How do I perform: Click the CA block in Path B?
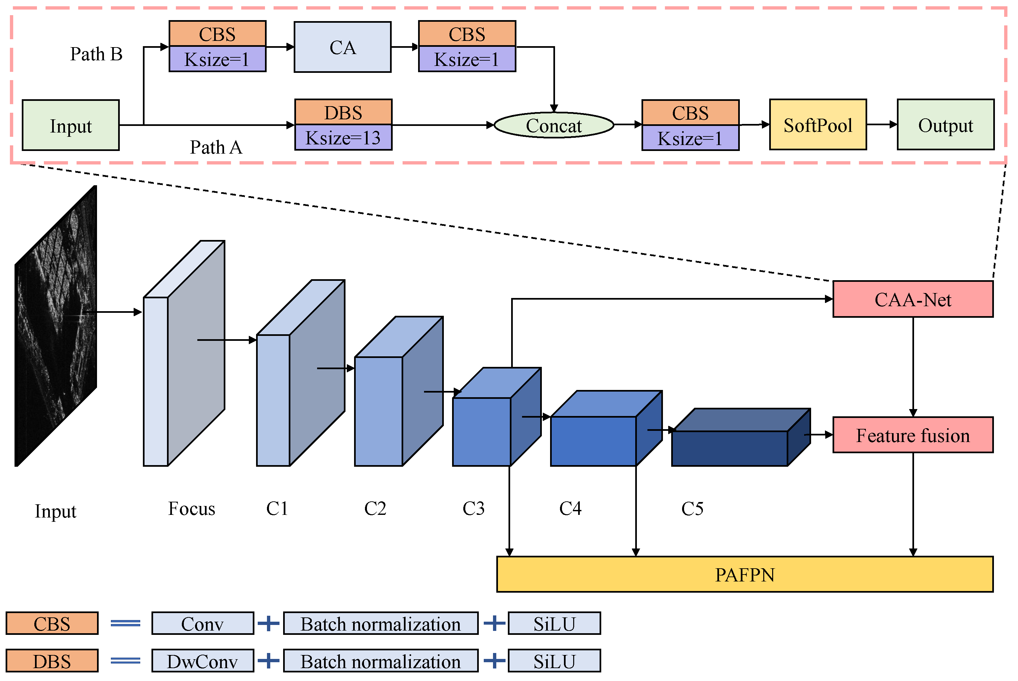click(x=343, y=47)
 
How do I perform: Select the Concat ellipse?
click(x=554, y=126)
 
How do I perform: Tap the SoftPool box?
click(x=818, y=125)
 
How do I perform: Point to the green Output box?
click(x=945, y=125)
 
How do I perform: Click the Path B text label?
click(x=96, y=54)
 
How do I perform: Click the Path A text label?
click(x=215, y=147)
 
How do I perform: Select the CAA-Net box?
click(x=913, y=299)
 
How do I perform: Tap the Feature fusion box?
click(x=913, y=435)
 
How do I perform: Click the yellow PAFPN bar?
click(x=744, y=574)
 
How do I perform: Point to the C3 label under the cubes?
click(x=473, y=508)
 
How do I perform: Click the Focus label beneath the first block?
click(x=191, y=508)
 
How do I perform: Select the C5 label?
click(x=692, y=509)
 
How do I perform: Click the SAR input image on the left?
click(x=56, y=326)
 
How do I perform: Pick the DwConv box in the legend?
click(x=203, y=661)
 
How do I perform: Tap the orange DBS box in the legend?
click(x=52, y=661)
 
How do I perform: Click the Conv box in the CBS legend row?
click(x=203, y=624)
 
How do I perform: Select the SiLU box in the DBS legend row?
click(x=554, y=661)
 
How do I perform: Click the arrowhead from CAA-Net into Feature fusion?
click(x=913, y=413)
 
